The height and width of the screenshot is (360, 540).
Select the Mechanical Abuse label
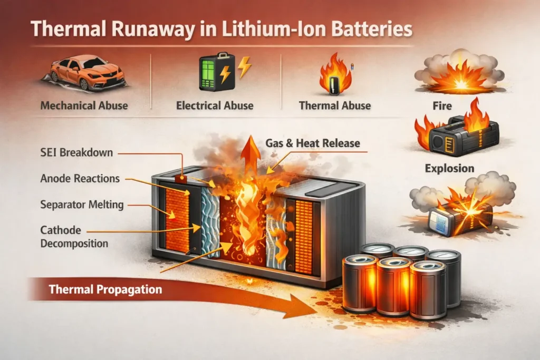84,105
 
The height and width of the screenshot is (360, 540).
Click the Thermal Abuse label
334,105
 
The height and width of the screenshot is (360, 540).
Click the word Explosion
449,169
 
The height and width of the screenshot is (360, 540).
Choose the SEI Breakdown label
77,153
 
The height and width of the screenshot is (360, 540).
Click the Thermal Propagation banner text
105,289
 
